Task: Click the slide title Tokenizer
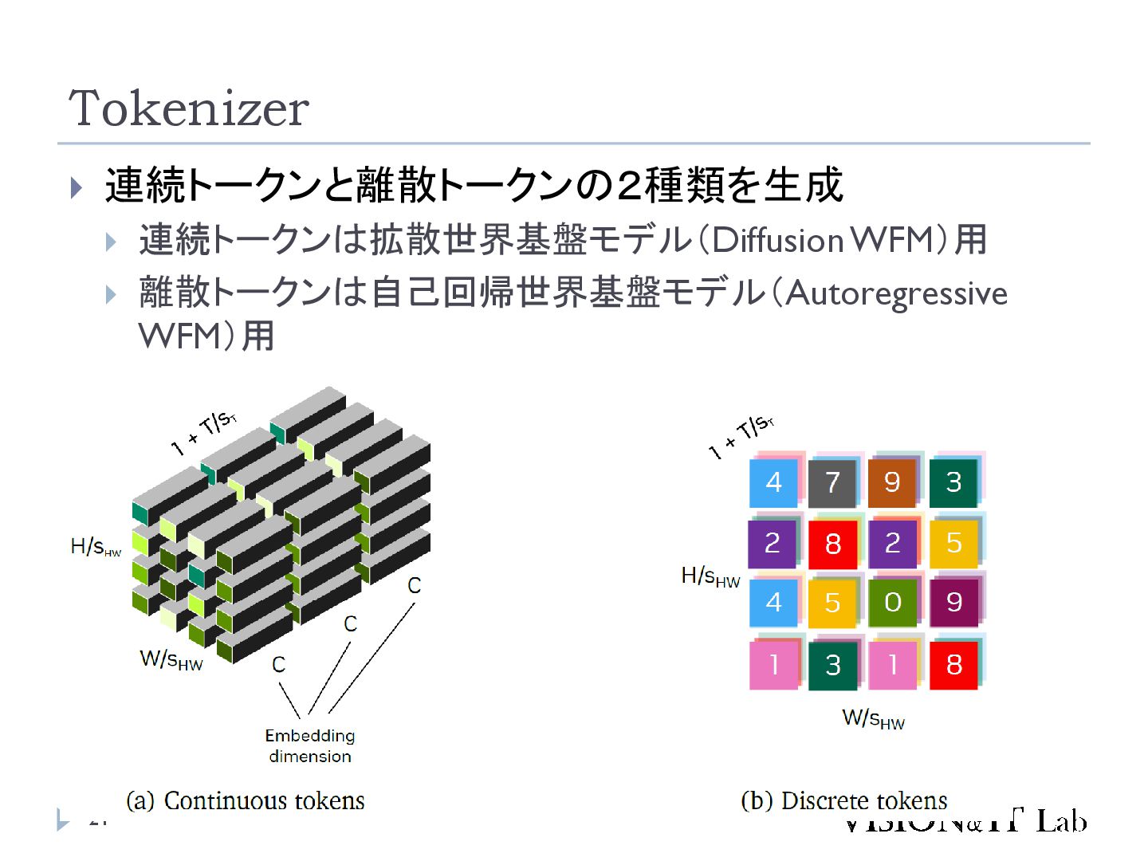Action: coord(189,108)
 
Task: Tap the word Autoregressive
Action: coord(896,294)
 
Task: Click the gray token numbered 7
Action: coord(832,482)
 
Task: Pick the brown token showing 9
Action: coord(892,482)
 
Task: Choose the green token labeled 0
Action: coord(892,603)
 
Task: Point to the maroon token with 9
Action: coord(953,603)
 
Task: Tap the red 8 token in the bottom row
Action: coord(953,664)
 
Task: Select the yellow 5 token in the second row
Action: coord(953,543)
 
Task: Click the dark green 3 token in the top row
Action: coord(953,482)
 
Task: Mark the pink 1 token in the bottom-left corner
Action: coord(773,664)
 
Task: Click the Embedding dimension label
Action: coord(310,745)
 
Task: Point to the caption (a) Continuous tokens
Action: coord(246,800)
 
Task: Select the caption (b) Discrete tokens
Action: coord(843,800)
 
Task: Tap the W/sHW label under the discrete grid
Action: coord(873,719)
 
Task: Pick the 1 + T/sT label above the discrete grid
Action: coord(741,437)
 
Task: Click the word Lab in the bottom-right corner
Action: coord(1061,820)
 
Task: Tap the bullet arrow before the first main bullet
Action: coord(77,188)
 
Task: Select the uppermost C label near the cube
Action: coord(414,585)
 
